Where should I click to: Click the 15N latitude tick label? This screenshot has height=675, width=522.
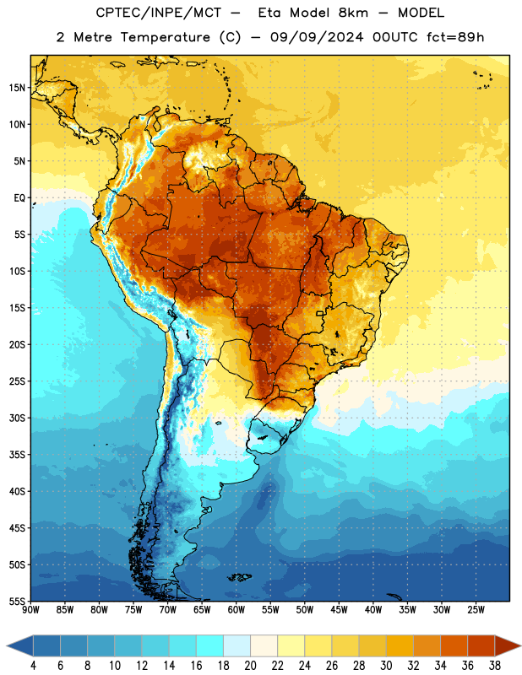click(17, 88)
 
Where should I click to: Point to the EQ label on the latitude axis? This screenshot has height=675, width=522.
click(19, 198)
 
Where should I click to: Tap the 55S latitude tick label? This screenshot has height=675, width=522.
click(17, 601)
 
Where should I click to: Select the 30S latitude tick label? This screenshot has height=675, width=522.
click(17, 418)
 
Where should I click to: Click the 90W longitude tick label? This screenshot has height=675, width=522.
click(30, 610)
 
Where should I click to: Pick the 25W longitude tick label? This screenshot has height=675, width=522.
click(476, 610)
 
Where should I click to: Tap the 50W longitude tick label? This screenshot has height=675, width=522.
click(305, 610)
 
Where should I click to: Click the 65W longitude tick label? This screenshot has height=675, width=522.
click(202, 610)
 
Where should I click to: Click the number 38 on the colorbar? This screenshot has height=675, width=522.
click(495, 666)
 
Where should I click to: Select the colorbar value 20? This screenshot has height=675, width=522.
click(250, 666)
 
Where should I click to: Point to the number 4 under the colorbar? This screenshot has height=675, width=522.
click(33, 666)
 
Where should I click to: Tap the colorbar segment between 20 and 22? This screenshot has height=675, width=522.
click(264, 645)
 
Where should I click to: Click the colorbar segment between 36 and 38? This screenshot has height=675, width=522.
click(481, 645)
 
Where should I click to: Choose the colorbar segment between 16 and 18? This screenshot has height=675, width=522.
click(209, 645)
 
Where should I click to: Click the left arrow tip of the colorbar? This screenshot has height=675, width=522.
click(7, 645)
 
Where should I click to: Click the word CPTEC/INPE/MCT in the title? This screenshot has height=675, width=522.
click(159, 13)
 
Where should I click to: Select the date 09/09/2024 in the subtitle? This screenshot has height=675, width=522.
click(317, 37)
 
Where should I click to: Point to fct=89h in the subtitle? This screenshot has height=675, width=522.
click(455, 37)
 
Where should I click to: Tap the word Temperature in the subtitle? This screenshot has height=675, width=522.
click(166, 37)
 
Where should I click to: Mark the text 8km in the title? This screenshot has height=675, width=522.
click(353, 13)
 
